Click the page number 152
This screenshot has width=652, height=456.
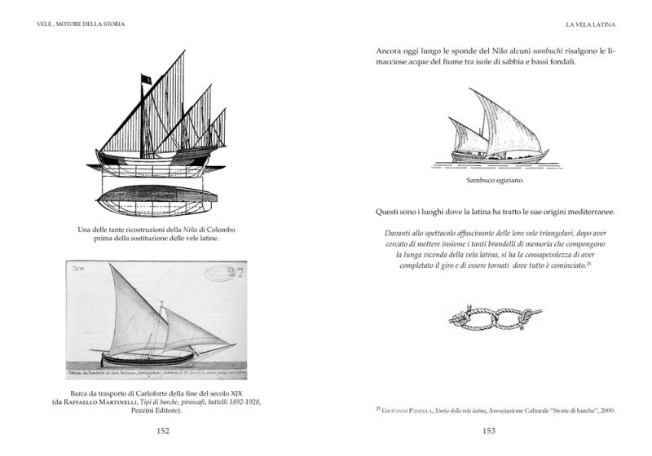[163, 432]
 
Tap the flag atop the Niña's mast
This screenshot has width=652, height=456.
[146, 78]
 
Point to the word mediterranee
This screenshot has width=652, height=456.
[585, 213]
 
